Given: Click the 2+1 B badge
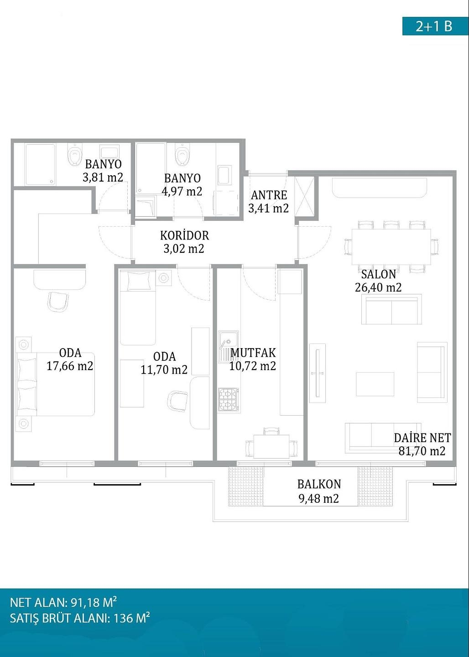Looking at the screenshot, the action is tap(435, 26).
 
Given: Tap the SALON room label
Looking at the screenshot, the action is tap(378, 274).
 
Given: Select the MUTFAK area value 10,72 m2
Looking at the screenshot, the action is tap(253, 366).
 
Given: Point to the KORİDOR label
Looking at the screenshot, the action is tap(184, 235).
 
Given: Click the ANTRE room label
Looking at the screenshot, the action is tap(269, 195).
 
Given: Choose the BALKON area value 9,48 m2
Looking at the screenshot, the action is tap(319, 498).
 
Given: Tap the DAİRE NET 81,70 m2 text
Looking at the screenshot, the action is tap(422, 444).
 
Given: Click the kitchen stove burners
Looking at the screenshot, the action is tap(228, 400).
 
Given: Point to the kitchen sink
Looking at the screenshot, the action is tap(229, 347).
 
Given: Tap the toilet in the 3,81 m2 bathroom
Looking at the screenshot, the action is tap(74, 154).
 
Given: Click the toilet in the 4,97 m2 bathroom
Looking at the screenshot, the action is tap(182, 154).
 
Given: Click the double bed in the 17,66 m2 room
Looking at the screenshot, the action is tap(56, 384).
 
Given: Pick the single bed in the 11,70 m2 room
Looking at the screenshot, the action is tap(138, 308).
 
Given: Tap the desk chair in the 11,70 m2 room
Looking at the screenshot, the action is tap(178, 401).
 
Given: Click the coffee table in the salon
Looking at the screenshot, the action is tap(375, 384).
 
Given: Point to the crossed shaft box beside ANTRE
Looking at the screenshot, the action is tap(304, 197).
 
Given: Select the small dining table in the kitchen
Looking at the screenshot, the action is tap(271, 446).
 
